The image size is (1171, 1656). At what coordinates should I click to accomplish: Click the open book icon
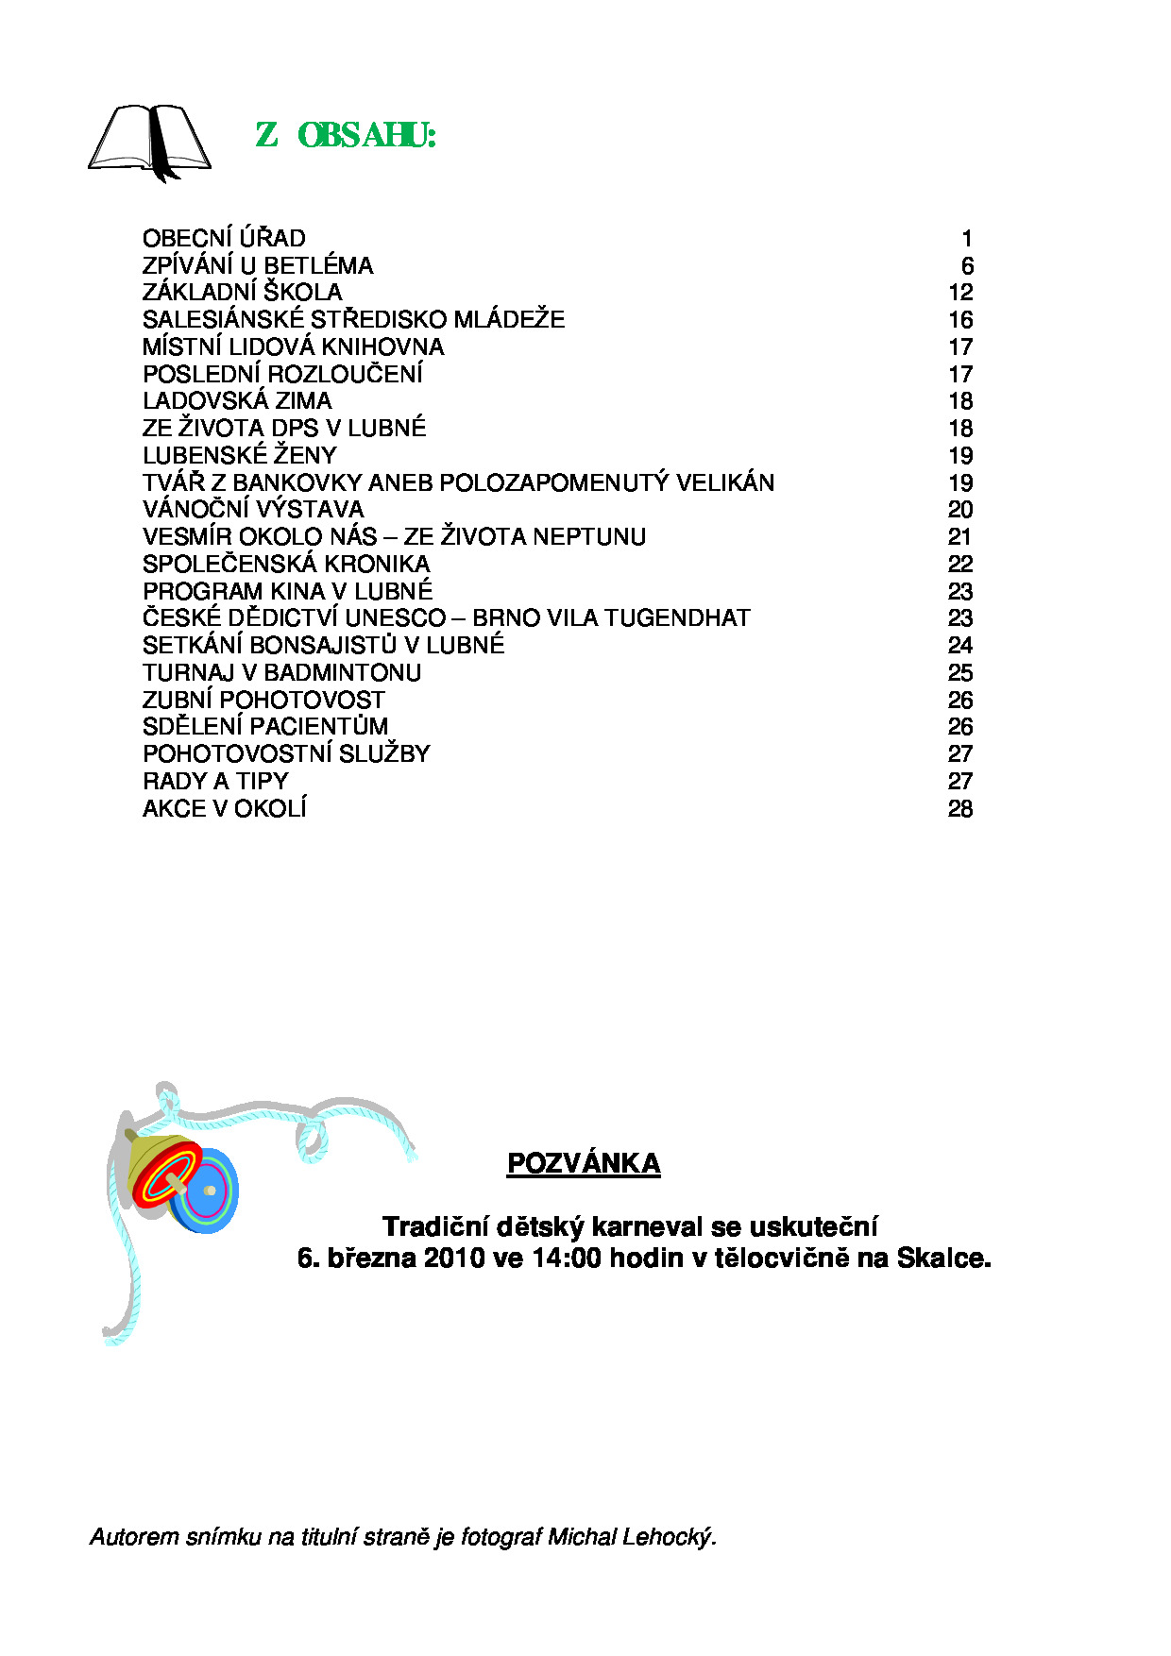tap(149, 141)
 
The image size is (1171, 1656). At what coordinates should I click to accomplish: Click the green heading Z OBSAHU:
tap(346, 136)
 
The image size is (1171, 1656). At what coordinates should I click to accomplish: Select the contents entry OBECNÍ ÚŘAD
tap(224, 239)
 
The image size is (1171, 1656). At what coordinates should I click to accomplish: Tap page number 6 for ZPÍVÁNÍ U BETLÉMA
tap(967, 266)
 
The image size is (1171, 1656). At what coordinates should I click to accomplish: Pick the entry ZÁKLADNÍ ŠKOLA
tap(242, 293)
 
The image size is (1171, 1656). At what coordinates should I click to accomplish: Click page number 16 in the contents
tap(960, 320)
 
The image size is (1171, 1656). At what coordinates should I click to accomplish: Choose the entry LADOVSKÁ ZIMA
tap(237, 401)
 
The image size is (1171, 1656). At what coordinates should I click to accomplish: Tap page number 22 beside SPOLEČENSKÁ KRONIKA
tap(960, 565)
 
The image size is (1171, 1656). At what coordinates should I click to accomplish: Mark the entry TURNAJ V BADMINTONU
tap(281, 673)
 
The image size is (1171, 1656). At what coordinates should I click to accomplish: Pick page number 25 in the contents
tap(960, 673)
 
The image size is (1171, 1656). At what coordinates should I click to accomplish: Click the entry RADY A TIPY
tap(215, 782)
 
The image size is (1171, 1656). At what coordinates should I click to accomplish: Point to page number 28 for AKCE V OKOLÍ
tap(960, 809)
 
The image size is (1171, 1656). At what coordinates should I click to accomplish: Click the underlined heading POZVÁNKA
tap(584, 1164)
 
